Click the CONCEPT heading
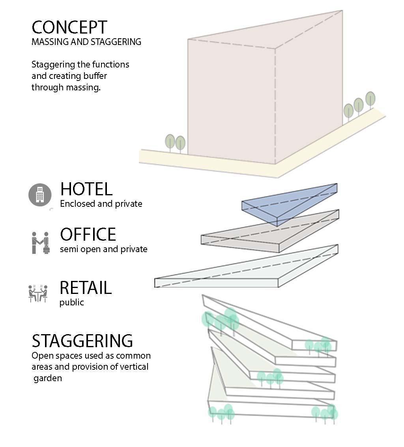click(69, 28)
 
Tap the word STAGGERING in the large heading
click(82, 341)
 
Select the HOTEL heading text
click(86, 189)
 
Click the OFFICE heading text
click(88, 235)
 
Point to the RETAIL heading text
click(86, 288)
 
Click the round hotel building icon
click(40, 195)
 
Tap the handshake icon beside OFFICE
click(40, 242)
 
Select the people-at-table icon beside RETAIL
click(38, 294)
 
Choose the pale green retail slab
click(245, 272)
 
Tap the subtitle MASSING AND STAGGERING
click(86, 42)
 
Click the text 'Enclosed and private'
click(101, 204)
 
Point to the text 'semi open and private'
click(103, 249)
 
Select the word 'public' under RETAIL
click(71, 303)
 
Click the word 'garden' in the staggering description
click(48, 378)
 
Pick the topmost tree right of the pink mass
click(370, 99)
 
